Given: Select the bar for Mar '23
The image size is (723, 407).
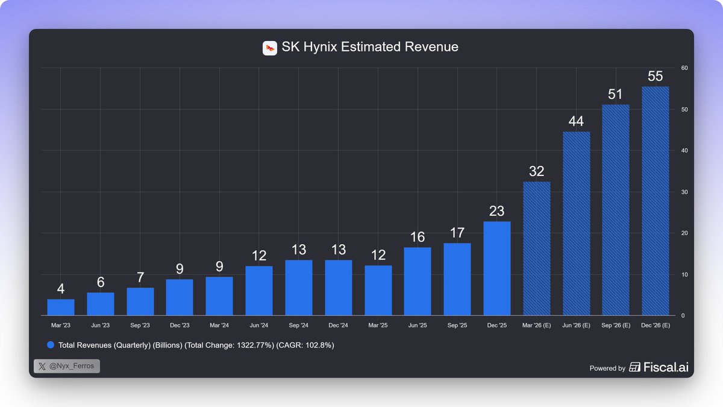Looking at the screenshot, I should pyautogui.click(x=61, y=308).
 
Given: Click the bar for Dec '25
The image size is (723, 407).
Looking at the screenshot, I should pyautogui.click(x=497, y=268).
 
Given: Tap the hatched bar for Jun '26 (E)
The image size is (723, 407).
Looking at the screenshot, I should pyautogui.click(x=576, y=223).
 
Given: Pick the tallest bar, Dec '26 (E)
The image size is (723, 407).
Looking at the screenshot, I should pyautogui.click(x=656, y=201).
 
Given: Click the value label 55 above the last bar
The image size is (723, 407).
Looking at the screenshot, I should pyautogui.click(x=656, y=77).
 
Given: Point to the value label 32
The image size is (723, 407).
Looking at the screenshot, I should pyautogui.click(x=536, y=171).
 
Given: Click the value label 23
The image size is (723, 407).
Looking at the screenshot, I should pyautogui.click(x=497, y=211).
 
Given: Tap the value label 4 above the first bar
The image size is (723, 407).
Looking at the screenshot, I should pyautogui.click(x=61, y=289).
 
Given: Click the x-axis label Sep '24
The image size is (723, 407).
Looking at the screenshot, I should pyautogui.click(x=298, y=326).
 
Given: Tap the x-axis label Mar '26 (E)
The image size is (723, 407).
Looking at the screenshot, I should pyautogui.click(x=536, y=326).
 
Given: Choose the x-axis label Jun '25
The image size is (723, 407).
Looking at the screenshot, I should pyautogui.click(x=418, y=326).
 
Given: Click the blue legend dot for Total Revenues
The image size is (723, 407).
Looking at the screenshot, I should pyautogui.click(x=51, y=345).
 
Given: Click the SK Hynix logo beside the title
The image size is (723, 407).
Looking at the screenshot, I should pyautogui.click(x=270, y=48).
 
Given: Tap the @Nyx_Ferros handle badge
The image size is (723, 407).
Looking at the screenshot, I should pyautogui.click(x=67, y=366).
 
